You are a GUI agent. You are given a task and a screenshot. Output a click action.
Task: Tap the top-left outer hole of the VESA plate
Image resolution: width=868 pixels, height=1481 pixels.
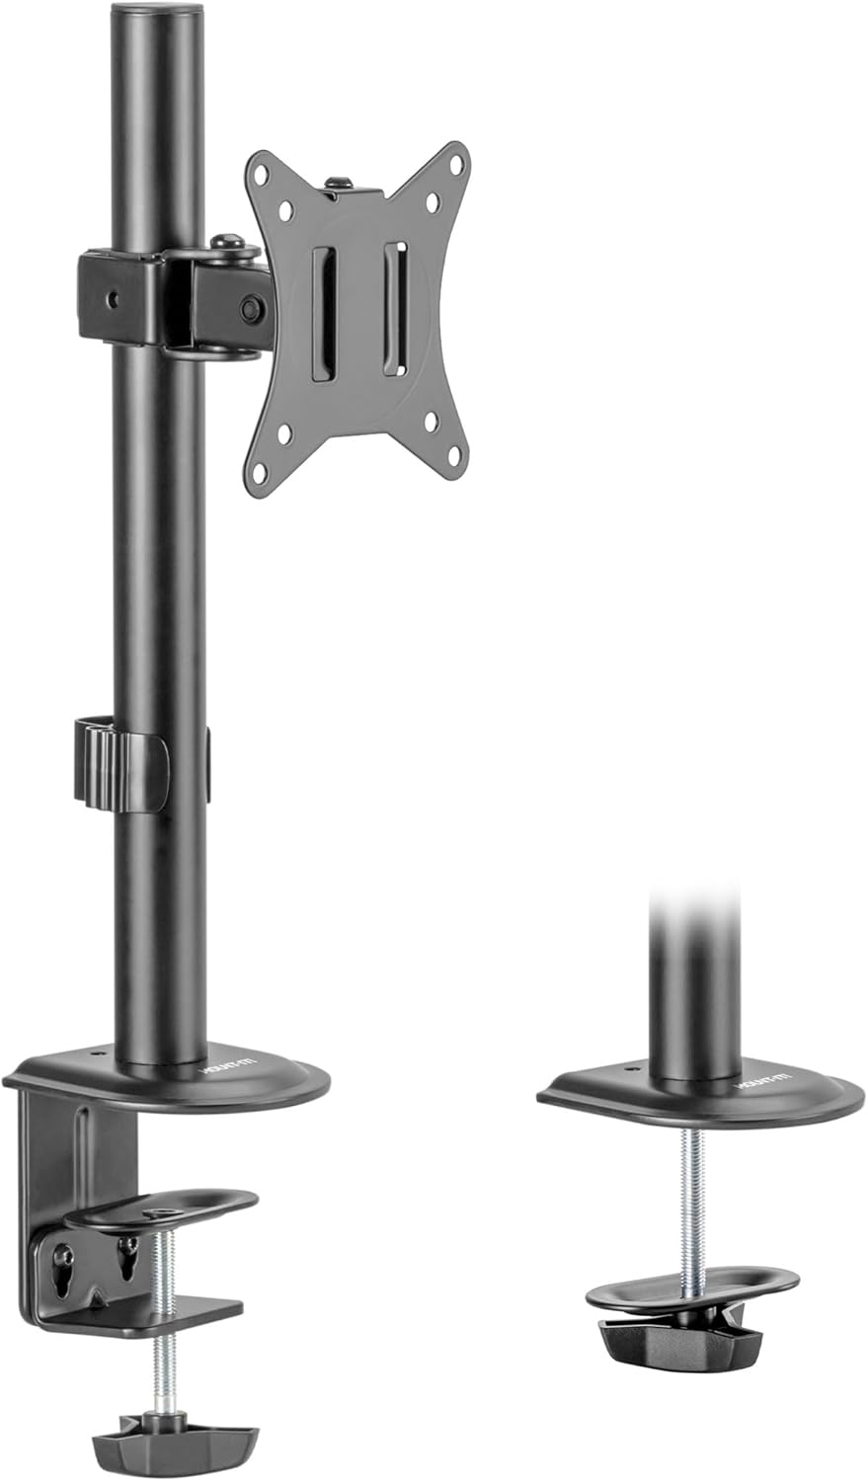(x=261, y=170)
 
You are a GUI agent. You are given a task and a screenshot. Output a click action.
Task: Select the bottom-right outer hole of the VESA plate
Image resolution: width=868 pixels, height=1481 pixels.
(x=454, y=457)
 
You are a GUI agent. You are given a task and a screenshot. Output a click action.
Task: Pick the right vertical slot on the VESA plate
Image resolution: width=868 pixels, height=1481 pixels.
(x=394, y=307)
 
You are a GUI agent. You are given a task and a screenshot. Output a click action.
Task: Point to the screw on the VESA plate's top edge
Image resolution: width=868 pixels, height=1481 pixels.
(x=339, y=184)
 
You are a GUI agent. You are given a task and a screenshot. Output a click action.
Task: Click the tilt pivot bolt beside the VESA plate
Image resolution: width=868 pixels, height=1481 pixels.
(x=251, y=308)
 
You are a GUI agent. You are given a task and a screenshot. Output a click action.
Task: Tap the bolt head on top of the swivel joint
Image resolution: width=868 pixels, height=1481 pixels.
(x=227, y=241)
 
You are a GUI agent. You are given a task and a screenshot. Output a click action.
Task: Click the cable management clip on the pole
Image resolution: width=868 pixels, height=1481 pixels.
(x=118, y=765)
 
